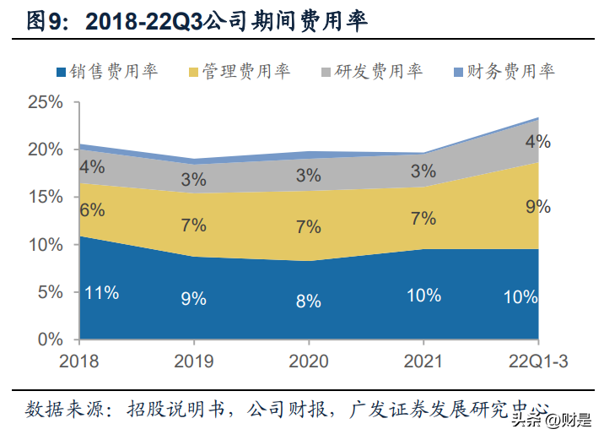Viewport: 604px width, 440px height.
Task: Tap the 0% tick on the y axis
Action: coord(51,339)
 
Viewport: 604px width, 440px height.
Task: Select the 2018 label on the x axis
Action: coord(79,361)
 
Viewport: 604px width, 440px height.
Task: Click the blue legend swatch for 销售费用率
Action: coord(60,72)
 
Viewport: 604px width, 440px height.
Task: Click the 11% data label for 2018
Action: coord(101,293)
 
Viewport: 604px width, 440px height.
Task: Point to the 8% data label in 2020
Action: coord(309,301)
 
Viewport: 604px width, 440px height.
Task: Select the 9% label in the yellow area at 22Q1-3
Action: coord(537,207)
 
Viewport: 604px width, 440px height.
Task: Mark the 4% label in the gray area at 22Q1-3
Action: coord(537,142)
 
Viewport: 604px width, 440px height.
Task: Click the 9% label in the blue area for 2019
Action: coord(193,298)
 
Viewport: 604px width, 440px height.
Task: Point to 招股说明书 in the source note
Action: coord(174,410)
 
